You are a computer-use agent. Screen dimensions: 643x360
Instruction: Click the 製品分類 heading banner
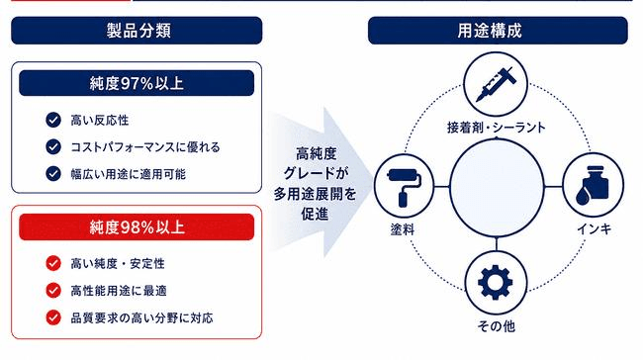point(137,31)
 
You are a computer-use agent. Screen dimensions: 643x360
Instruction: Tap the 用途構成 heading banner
point(498,31)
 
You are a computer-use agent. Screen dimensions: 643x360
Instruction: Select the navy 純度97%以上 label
point(137,83)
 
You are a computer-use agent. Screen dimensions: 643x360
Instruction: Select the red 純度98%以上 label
point(137,226)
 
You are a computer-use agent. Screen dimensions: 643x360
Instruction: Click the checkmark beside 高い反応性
point(53,120)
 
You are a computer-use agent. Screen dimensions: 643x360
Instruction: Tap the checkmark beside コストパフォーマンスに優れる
point(53,146)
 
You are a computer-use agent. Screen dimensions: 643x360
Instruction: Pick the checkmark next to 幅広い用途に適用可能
point(53,173)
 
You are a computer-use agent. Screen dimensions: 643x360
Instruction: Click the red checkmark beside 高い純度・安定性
point(53,263)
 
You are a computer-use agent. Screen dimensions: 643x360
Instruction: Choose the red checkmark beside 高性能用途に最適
point(53,291)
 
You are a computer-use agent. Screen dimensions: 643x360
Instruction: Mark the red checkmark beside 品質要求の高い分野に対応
point(53,317)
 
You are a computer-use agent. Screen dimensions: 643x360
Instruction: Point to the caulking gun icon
point(496,84)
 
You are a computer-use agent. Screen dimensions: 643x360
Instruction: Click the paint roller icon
point(404,187)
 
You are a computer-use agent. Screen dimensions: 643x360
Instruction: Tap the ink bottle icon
point(593,185)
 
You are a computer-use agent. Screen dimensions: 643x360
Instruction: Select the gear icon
point(496,282)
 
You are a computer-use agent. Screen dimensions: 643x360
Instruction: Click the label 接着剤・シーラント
point(497,128)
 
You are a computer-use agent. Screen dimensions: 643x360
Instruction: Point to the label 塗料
point(403,229)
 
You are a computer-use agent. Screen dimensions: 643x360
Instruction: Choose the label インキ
point(595,228)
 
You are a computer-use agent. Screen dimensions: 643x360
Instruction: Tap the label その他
point(497,326)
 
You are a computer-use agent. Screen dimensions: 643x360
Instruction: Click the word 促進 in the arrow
point(315,214)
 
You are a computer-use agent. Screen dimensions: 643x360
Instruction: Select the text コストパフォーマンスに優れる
point(145,147)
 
